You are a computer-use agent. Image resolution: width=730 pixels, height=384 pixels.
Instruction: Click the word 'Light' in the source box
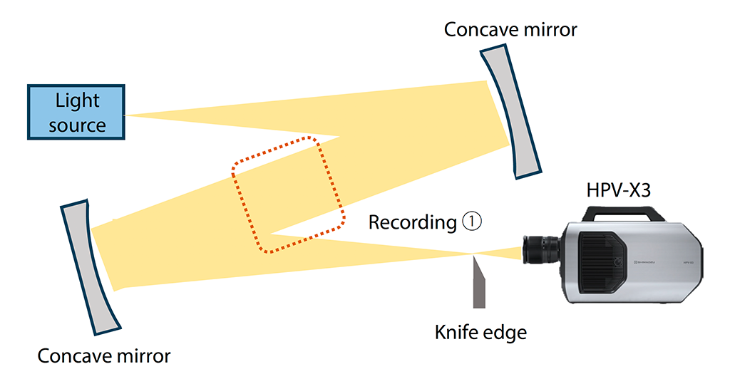(x=78, y=100)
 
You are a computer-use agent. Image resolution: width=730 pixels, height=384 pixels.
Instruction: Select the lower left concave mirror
(x=88, y=267)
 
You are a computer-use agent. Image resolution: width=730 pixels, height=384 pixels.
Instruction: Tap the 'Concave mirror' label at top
(x=510, y=30)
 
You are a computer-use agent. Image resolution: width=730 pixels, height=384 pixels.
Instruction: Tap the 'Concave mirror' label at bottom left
(x=104, y=356)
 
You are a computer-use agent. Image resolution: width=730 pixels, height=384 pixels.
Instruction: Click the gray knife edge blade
(x=479, y=285)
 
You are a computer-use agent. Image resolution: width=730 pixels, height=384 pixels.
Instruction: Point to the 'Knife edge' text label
(x=481, y=332)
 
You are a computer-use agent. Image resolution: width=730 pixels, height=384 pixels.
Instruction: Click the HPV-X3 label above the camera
(x=620, y=190)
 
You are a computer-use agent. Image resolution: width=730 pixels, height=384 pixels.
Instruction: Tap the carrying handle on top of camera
(x=620, y=212)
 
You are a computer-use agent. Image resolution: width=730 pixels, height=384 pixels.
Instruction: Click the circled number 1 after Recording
(x=473, y=222)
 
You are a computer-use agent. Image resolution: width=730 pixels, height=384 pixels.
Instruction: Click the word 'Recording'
(x=411, y=223)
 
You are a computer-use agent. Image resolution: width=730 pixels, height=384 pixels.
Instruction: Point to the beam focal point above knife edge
(x=474, y=254)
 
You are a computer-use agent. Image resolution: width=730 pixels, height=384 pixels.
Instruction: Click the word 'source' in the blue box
(x=78, y=126)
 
